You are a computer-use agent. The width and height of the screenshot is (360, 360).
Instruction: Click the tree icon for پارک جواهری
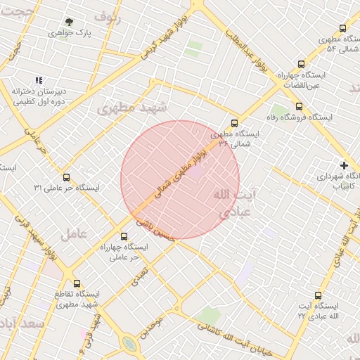[x=69, y=22]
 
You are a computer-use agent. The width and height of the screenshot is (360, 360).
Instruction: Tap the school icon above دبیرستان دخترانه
[x=39, y=80]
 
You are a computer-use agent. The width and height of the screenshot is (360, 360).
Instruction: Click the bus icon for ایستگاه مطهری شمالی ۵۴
[x=342, y=29]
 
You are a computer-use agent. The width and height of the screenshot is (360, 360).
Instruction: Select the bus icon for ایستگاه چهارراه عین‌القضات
[x=302, y=63]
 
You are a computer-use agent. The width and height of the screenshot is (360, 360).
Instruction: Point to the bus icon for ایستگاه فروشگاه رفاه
[x=299, y=107]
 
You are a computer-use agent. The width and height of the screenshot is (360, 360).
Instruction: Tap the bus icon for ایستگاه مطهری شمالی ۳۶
[x=234, y=122]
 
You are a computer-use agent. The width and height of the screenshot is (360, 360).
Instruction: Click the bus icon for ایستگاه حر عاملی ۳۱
[x=67, y=177]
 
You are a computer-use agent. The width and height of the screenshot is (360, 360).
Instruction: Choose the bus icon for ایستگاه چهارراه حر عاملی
[x=124, y=236]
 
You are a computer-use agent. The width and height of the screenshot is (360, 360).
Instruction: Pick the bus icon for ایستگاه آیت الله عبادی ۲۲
[x=318, y=296]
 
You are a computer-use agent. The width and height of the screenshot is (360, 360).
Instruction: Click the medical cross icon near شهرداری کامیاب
[x=344, y=165]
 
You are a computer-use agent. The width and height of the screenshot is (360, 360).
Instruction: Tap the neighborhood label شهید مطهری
[x=132, y=108]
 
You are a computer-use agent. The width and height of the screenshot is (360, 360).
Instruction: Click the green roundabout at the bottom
[x=129, y=343]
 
